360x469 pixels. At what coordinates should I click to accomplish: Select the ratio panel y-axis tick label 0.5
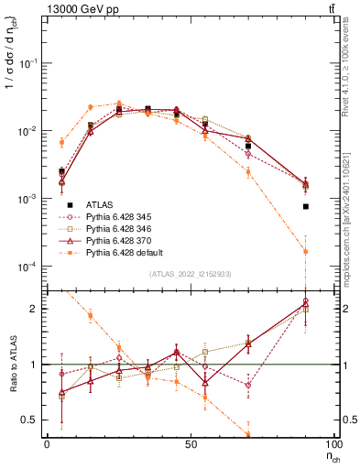(33, 420)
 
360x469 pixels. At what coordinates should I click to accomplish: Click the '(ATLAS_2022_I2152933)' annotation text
(191, 274)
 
